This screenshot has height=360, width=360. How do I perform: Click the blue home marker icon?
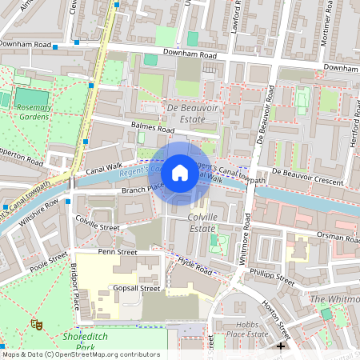click(180, 173)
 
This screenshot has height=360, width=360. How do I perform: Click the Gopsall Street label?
click(137, 288)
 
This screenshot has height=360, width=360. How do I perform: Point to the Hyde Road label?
click(194, 266)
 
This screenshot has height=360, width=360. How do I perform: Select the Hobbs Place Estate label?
click(248, 329)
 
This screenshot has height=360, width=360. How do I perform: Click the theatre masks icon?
click(35, 323)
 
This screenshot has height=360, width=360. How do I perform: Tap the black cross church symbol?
click(280, 346)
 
